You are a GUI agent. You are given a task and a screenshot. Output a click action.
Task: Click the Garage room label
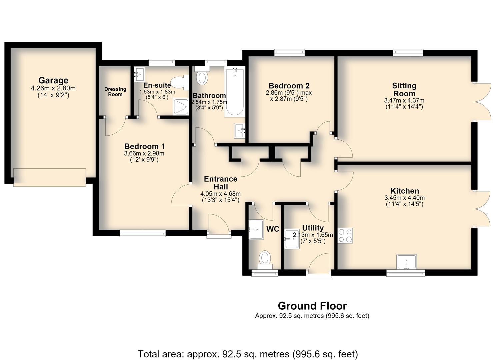pos(53,80)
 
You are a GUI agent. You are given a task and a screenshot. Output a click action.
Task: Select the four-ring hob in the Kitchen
pos(345,236)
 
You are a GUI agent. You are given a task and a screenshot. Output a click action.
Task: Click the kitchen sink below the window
pos(406,262)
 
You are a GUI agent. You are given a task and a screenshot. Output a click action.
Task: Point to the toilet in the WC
pos(265,260)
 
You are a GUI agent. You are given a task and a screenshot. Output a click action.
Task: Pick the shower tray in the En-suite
pos(181,107)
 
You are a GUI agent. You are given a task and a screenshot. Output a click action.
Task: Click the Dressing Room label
pos(115,92)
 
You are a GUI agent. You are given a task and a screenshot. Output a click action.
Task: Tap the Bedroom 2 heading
pos(289,86)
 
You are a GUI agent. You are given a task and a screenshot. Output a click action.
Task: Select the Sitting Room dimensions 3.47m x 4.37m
pos(404,100)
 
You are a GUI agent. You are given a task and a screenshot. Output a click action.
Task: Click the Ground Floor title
pos(312,306)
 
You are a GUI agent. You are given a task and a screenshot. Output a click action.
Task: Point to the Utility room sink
pos(292,239)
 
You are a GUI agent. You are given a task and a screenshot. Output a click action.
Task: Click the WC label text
pos(273,229)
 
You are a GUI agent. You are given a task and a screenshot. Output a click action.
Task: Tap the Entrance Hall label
pos(221,183)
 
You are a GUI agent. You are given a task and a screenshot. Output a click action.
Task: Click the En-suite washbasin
pos(139,74)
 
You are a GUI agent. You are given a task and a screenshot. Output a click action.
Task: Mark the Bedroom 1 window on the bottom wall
pos(143,233)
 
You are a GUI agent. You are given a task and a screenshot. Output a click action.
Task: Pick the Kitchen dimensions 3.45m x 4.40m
pos(405,198)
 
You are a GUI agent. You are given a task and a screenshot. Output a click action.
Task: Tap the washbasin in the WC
pos(256,230)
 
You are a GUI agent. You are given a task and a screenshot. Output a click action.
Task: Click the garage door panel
pos(50,177)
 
